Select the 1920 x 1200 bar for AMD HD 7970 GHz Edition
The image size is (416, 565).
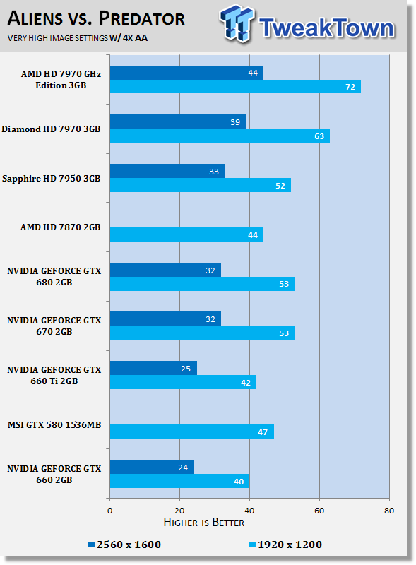[x=235, y=86]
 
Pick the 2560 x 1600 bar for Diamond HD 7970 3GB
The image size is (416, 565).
[x=178, y=121]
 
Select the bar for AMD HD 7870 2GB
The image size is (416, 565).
[x=186, y=234]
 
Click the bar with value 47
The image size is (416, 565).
[x=191, y=431]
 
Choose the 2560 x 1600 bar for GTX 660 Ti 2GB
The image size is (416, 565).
[x=153, y=368]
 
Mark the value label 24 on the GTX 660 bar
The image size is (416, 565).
[x=185, y=467]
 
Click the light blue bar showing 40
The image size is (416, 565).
[x=179, y=480]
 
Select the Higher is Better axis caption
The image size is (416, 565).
[x=203, y=523]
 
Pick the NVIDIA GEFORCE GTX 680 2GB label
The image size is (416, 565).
[x=55, y=276]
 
